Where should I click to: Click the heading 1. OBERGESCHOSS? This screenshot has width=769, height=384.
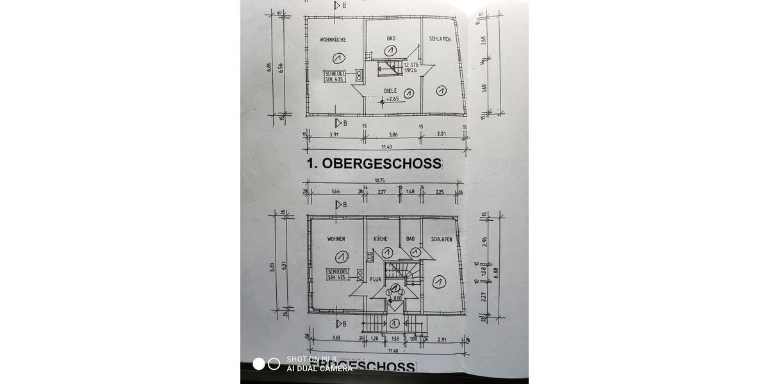click(x=374, y=163)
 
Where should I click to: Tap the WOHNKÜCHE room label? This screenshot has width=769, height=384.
click(x=333, y=40)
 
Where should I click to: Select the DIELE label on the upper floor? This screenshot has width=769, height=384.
click(x=390, y=91)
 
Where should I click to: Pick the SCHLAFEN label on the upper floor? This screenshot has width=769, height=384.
click(x=440, y=39)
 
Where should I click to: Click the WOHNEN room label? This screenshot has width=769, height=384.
click(x=336, y=239)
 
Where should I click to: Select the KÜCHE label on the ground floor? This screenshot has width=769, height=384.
click(x=381, y=239)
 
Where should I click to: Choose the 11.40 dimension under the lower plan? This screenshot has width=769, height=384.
click(x=383, y=351)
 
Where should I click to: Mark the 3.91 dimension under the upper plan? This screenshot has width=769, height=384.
click(x=334, y=135)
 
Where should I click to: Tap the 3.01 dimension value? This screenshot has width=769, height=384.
click(x=442, y=135)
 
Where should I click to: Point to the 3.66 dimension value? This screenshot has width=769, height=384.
click(x=335, y=191)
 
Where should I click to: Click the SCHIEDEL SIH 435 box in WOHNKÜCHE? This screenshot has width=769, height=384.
click(x=335, y=77)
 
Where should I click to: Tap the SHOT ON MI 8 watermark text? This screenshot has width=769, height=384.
click(x=311, y=359)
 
